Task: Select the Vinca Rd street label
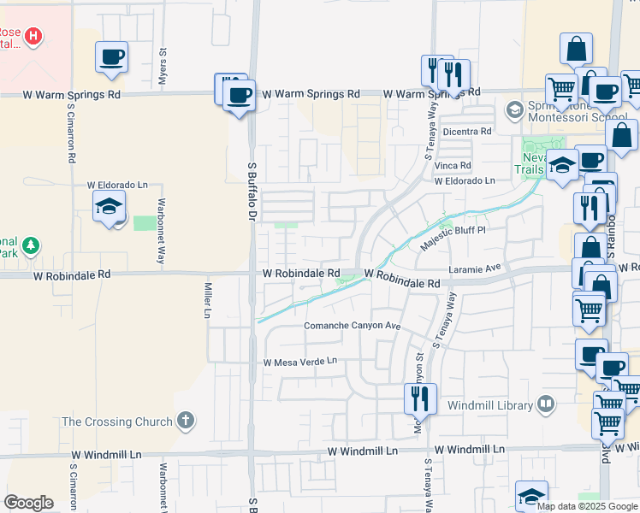[x=453, y=166]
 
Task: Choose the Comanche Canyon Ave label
[x=353, y=327]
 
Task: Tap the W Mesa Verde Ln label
[x=300, y=362]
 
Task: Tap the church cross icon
[x=186, y=421]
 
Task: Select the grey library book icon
[x=546, y=403]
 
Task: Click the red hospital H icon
[x=33, y=36]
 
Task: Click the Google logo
[x=29, y=503]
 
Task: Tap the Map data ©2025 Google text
[x=587, y=506]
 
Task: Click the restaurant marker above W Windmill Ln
[x=420, y=398]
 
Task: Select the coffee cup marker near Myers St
[x=112, y=57]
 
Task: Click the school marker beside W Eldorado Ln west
[x=110, y=206]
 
